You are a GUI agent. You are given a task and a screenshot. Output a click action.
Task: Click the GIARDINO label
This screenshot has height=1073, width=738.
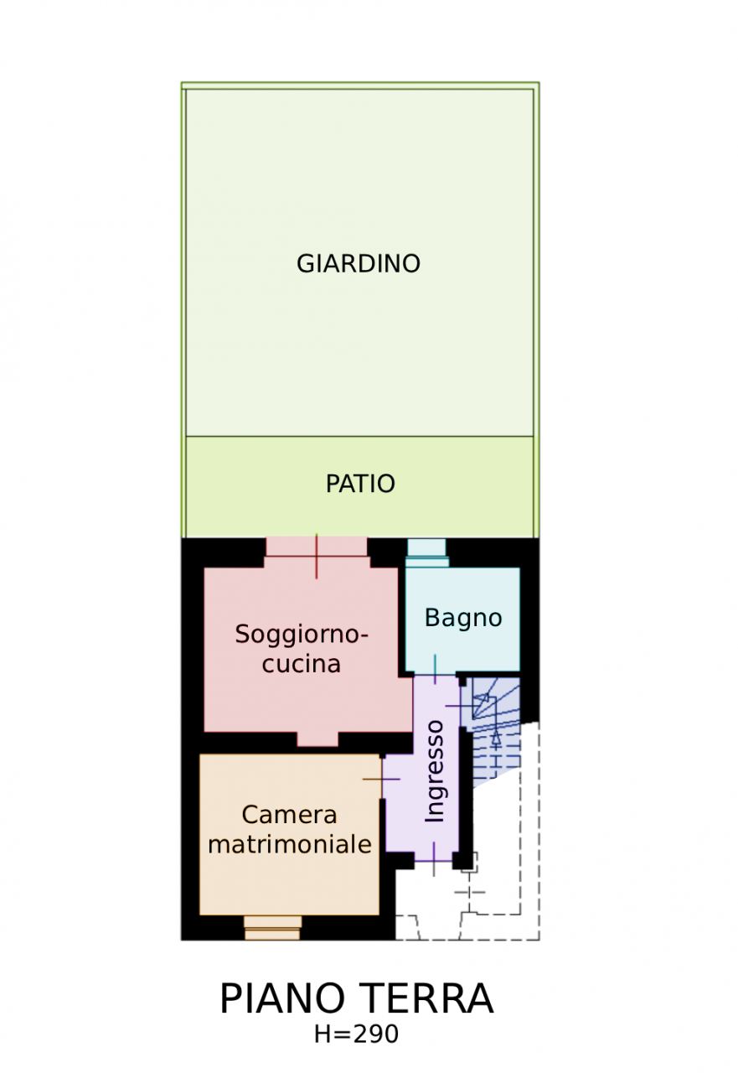(x=359, y=264)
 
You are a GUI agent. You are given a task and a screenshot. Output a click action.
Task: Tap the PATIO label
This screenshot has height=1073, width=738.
(x=360, y=485)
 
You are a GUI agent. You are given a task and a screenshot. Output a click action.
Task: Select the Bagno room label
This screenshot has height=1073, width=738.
(x=463, y=619)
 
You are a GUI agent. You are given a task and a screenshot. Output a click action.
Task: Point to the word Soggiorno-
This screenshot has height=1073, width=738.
(x=302, y=635)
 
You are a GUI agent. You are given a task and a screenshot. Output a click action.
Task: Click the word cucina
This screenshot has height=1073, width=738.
(x=302, y=664)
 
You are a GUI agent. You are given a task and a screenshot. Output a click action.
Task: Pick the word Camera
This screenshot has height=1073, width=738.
(x=289, y=815)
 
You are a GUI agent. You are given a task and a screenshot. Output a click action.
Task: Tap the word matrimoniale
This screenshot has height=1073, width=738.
(x=290, y=844)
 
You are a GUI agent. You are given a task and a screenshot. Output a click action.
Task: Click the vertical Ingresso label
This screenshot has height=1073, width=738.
(x=435, y=771)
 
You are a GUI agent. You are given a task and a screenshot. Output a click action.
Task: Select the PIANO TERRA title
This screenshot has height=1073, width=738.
(x=356, y=999)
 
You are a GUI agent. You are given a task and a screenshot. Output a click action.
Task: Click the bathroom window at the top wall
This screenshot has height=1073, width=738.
(x=427, y=550)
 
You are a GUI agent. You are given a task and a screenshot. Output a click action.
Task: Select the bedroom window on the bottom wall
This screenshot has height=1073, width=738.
(x=272, y=927)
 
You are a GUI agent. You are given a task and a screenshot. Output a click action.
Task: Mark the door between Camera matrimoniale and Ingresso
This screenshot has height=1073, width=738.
(x=382, y=780)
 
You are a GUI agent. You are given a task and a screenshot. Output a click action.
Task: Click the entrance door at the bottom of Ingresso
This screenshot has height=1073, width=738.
(x=433, y=859)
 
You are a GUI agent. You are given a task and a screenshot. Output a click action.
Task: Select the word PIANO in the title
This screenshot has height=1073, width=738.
(x=281, y=999)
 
